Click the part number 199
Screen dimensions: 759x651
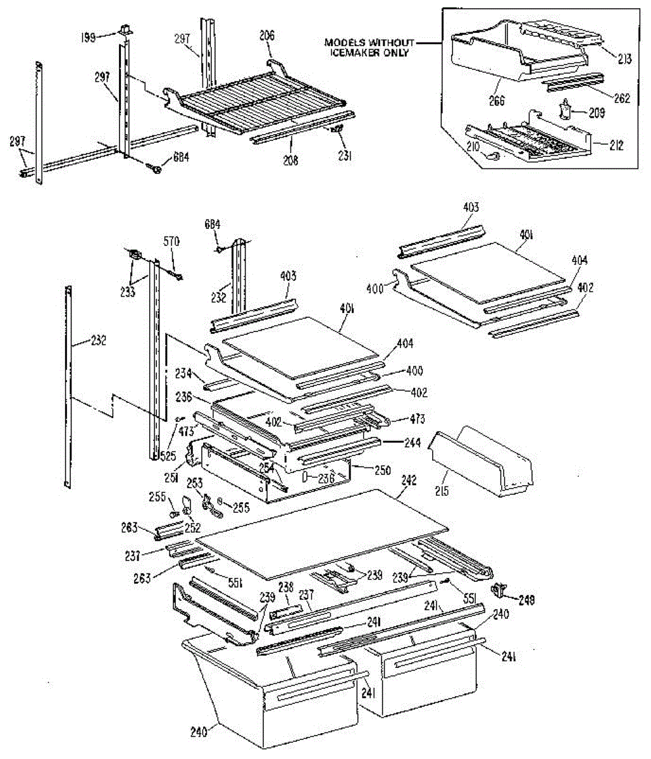[88, 38]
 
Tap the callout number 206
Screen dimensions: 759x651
[267, 36]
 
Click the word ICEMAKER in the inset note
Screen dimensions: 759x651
[354, 53]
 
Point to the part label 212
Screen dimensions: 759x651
[616, 146]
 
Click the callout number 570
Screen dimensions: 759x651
[171, 241]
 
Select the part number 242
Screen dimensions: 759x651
[409, 480]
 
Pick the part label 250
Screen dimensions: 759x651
[382, 471]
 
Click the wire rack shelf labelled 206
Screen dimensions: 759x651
[259, 104]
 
